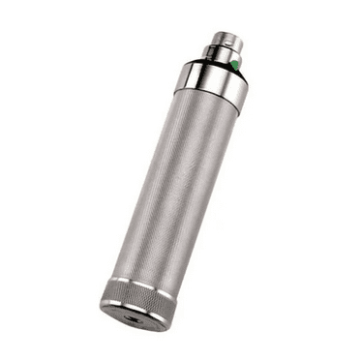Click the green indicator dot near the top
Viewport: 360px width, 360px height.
pos(232,65)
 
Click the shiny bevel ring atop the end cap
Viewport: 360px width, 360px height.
pos(142,286)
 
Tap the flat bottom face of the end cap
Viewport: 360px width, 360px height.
pos(135,316)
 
